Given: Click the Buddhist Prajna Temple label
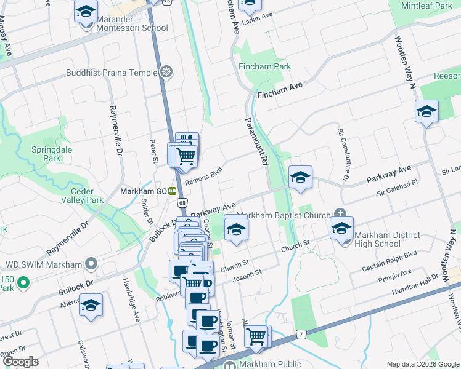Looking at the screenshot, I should tap(113, 73).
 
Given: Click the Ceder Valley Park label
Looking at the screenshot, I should tap(77, 195).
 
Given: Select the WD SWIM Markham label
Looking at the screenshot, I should tap(43, 264).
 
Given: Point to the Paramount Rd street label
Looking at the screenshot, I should tap(258, 141).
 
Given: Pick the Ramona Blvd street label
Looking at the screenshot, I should tap(203, 178).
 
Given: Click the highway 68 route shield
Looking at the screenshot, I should tap(181, 202).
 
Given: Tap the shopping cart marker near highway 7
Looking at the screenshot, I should tap(257, 336).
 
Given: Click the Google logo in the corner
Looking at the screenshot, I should tap(20, 362).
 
